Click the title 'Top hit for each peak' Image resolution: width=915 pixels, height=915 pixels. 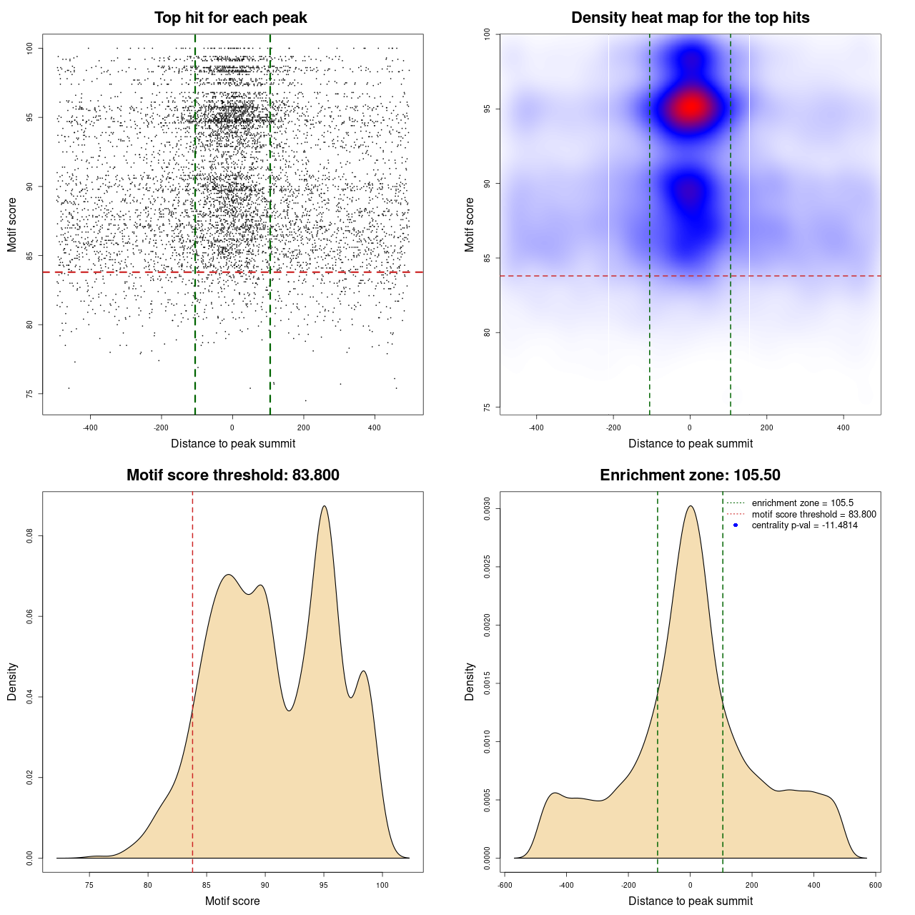pyautogui.click(x=230, y=18)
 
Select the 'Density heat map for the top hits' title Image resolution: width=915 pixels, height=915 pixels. pyautogui.click(x=690, y=18)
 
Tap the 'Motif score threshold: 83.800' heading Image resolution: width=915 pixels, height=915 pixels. pyautogui.click(x=232, y=475)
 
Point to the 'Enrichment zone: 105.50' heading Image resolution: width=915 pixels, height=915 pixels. pyautogui.click(x=690, y=475)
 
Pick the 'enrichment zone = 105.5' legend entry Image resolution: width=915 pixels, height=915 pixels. pyautogui.click(x=802, y=503)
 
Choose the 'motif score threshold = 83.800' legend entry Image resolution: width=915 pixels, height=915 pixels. pyautogui.click(x=813, y=514)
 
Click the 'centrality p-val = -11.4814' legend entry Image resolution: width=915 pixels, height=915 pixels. pyautogui.click(x=804, y=525)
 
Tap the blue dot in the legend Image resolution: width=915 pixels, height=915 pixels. pyautogui.click(x=736, y=525)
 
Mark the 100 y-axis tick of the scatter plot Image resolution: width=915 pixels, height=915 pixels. pyautogui.click(x=29, y=48)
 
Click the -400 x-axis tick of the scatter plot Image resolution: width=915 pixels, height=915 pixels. pyautogui.click(x=90, y=427)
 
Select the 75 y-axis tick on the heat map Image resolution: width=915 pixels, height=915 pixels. pyautogui.click(x=487, y=407)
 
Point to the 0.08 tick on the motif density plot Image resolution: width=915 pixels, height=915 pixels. pyautogui.click(x=29, y=536)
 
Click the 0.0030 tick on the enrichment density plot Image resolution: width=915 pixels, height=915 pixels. pyautogui.click(x=487, y=509)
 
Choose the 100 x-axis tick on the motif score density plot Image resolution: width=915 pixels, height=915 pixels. pyautogui.click(x=382, y=885)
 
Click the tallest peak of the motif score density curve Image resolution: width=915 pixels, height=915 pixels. pyautogui.click(x=325, y=506)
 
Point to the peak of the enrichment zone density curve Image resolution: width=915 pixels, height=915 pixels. pyautogui.click(x=690, y=506)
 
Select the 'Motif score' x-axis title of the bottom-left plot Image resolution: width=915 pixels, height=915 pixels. pyautogui.click(x=232, y=901)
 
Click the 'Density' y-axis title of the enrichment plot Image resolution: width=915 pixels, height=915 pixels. pyautogui.click(x=470, y=681)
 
